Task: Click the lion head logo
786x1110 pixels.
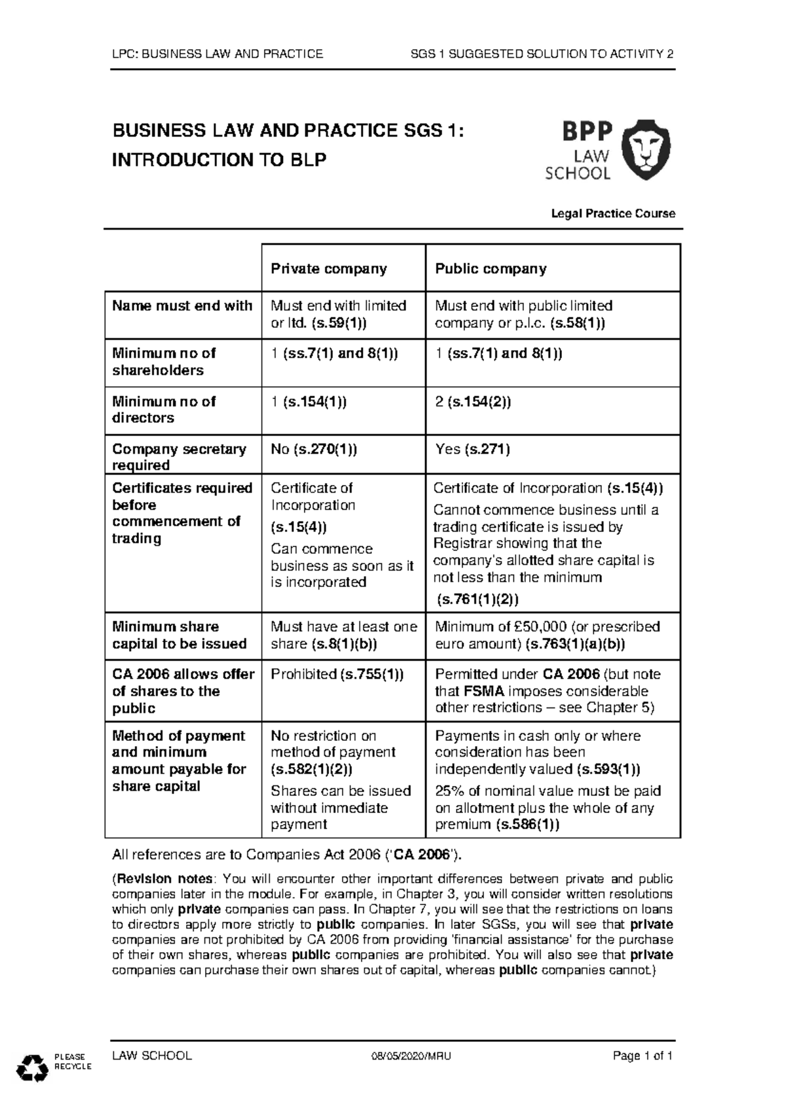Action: pyautogui.click(x=646, y=150)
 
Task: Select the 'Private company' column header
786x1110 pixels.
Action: pyautogui.click(x=329, y=269)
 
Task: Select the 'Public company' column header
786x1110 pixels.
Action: pyautogui.click(x=491, y=269)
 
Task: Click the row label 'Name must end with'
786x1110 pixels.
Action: pyautogui.click(x=182, y=306)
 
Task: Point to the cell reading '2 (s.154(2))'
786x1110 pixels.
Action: pyautogui.click(x=473, y=402)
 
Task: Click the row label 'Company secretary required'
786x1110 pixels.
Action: pyautogui.click(x=179, y=457)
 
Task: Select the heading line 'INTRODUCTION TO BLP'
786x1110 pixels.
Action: pyautogui.click(x=219, y=160)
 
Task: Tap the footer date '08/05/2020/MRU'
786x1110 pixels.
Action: pyautogui.click(x=411, y=1056)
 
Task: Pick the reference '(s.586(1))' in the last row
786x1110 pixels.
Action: pyautogui.click(x=527, y=825)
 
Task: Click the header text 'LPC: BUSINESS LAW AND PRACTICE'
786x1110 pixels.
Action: pyautogui.click(x=217, y=54)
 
